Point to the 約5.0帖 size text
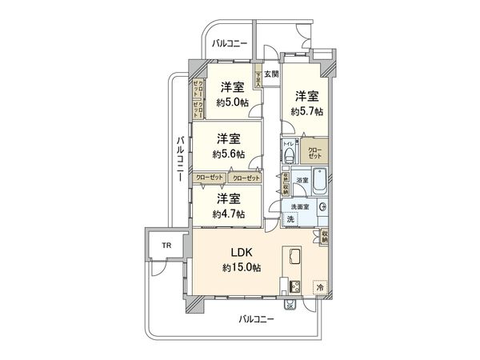coord(232,102)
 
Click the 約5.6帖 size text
coord(229,152)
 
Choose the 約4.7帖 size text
coord(229,214)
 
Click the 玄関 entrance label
coord(271,74)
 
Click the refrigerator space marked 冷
coord(319,286)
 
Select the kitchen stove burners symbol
coord(293,288)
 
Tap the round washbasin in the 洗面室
coord(323,207)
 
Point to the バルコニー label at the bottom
coord(256,319)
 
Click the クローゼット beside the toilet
coord(314,152)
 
